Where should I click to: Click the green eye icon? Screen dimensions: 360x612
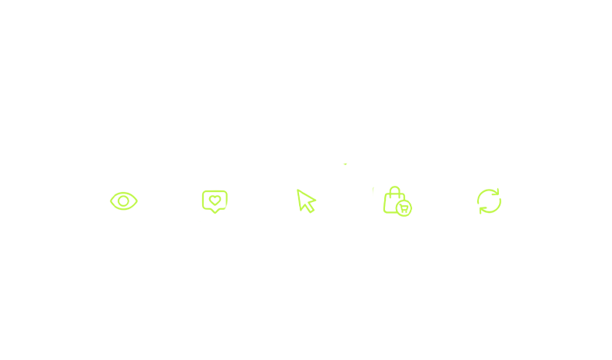click(x=123, y=201)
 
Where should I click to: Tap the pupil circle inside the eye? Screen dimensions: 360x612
click(x=123, y=201)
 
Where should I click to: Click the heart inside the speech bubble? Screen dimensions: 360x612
click(x=215, y=201)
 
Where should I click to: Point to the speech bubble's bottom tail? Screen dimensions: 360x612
click(x=215, y=211)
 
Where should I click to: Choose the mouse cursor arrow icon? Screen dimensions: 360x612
click(x=306, y=201)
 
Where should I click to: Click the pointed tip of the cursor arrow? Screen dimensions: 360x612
click(x=298, y=190)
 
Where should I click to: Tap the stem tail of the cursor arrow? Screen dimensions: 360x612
click(x=311, y=209)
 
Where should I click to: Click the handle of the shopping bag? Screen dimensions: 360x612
click(x=394, y=190)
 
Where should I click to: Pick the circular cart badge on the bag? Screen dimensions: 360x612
click(x=404, y=207)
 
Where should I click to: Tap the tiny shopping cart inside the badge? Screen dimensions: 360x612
click(x=404, y=207)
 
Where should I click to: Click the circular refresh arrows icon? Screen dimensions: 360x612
click(x=489, y=201)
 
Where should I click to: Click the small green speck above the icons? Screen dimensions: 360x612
click(x=346, y=164)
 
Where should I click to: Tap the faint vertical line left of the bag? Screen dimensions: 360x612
click(x=373, y=190)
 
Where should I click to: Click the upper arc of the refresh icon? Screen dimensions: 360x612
click(x=487, y=190)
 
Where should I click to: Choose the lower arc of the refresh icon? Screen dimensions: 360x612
click(x=491, y=212)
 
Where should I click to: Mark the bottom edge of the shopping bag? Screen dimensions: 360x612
click(x=389, y=213)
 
